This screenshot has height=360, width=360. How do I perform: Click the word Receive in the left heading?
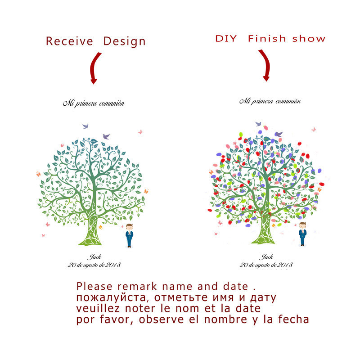tap(69, 42)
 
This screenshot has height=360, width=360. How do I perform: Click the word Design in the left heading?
tap(125, 42)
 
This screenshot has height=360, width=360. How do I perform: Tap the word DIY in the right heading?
tap(226, 38)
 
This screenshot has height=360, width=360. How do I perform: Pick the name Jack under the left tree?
tap(94, 257)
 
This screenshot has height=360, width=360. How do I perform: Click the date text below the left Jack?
tap(94, 265)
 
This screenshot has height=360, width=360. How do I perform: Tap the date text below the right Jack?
tap(266, 265)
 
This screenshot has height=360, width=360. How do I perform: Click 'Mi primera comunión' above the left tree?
tap(93, 103)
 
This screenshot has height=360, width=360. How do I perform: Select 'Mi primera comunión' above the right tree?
tap(270, 101)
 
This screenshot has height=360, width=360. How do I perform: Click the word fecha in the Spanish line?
tap(293, 320)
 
